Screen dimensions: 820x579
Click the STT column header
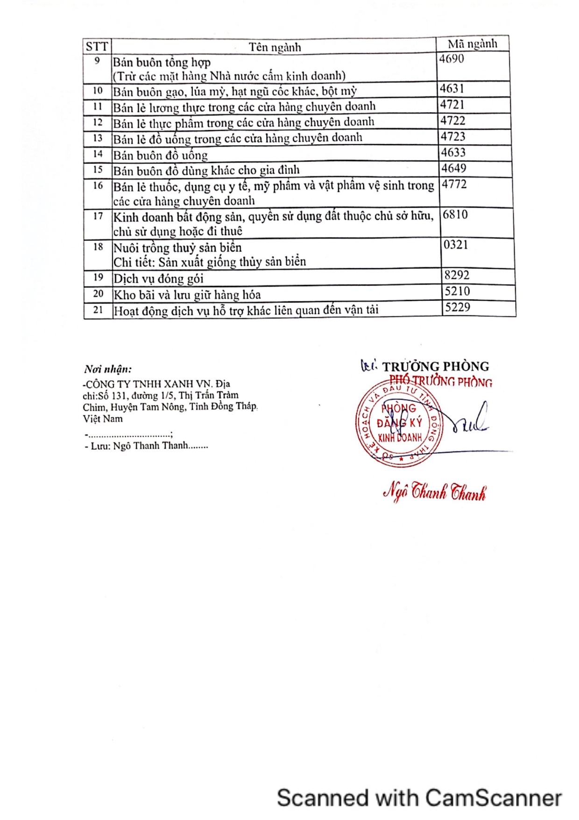[x=97, y=46]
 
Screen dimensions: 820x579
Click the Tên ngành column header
[x=275, y=47]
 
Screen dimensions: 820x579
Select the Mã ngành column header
[x=472, y=44]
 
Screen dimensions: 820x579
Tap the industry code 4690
[x=452, y=59]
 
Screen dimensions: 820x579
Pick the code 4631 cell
[x=452, y=89]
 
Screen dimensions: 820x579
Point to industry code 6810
[x=455, y=214]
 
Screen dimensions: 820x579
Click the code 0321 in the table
[x=456, y=245]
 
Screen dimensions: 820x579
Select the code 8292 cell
[x=457, y=275]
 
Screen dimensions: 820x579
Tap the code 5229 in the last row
[x=458, y=307]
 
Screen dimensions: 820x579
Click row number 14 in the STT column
[x=98, y=154]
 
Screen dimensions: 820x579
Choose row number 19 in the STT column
[x=98, y=277]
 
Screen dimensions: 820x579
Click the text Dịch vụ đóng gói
[x=159, y=279]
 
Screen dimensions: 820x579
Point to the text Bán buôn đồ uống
[x=161, y=155]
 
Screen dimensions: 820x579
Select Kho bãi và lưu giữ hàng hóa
[x=187, y=295]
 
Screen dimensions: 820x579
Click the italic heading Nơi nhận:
[x=108, y=369]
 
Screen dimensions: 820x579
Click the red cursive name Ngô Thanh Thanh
[x=434, y=493]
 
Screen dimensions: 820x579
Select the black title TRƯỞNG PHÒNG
[x=436, y=366]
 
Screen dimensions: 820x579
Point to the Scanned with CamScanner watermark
[x=419, y=798]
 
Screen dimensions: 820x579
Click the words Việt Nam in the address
[x=103, y=419]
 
